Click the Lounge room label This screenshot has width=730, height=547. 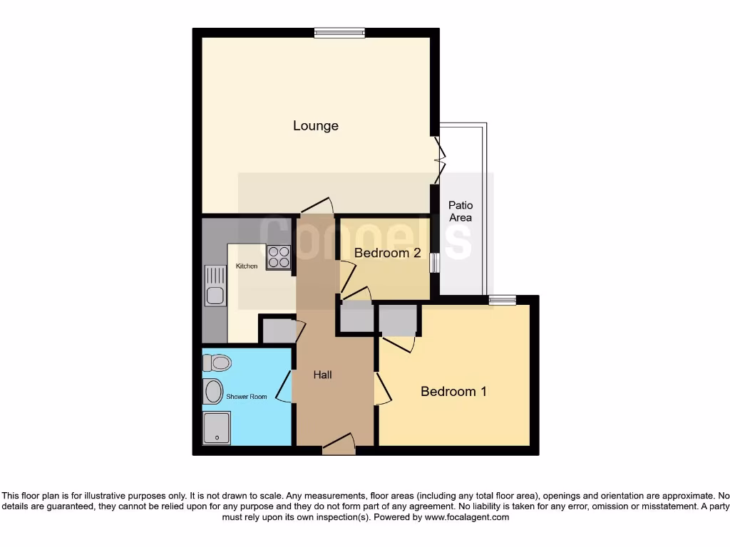pyautogui.click(x=316, y=126)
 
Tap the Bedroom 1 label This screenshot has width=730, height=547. pyautogui.click(x=453, y=391)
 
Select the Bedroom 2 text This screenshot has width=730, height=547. pyautogui.click(x=387, y=253)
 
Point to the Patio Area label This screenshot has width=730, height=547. pyautogui.click(x=461, y=212)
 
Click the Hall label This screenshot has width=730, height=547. pyautogui.click(x=323, y=375)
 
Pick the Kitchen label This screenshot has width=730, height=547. pyautogui.click(x=247, y=266)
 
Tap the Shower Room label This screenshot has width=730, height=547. pyautogui.click(x=247, y=397)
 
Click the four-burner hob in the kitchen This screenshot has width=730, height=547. pyautogui.click(x=279, y=257)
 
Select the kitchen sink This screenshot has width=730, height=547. pyautogui.click(x=215, y=285)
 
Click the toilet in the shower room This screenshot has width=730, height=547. pyautogui.click(x=217, y=363)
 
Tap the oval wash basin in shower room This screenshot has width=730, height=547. pyautogui.click(x=212, y=391)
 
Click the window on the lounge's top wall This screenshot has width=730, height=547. pyautogui.click(x=340, y=32)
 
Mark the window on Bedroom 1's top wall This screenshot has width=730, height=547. pyautogui.click(x=503, y=300)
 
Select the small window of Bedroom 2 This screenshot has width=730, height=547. pyautogui.click(x=434, y=262)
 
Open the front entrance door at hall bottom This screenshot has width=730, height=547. pyautogui.click(x=339, y=445)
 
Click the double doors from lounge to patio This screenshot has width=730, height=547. pyautogui.click(x=438, y=161)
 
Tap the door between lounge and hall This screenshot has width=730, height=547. pyautogui.click(x=314, y=207)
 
